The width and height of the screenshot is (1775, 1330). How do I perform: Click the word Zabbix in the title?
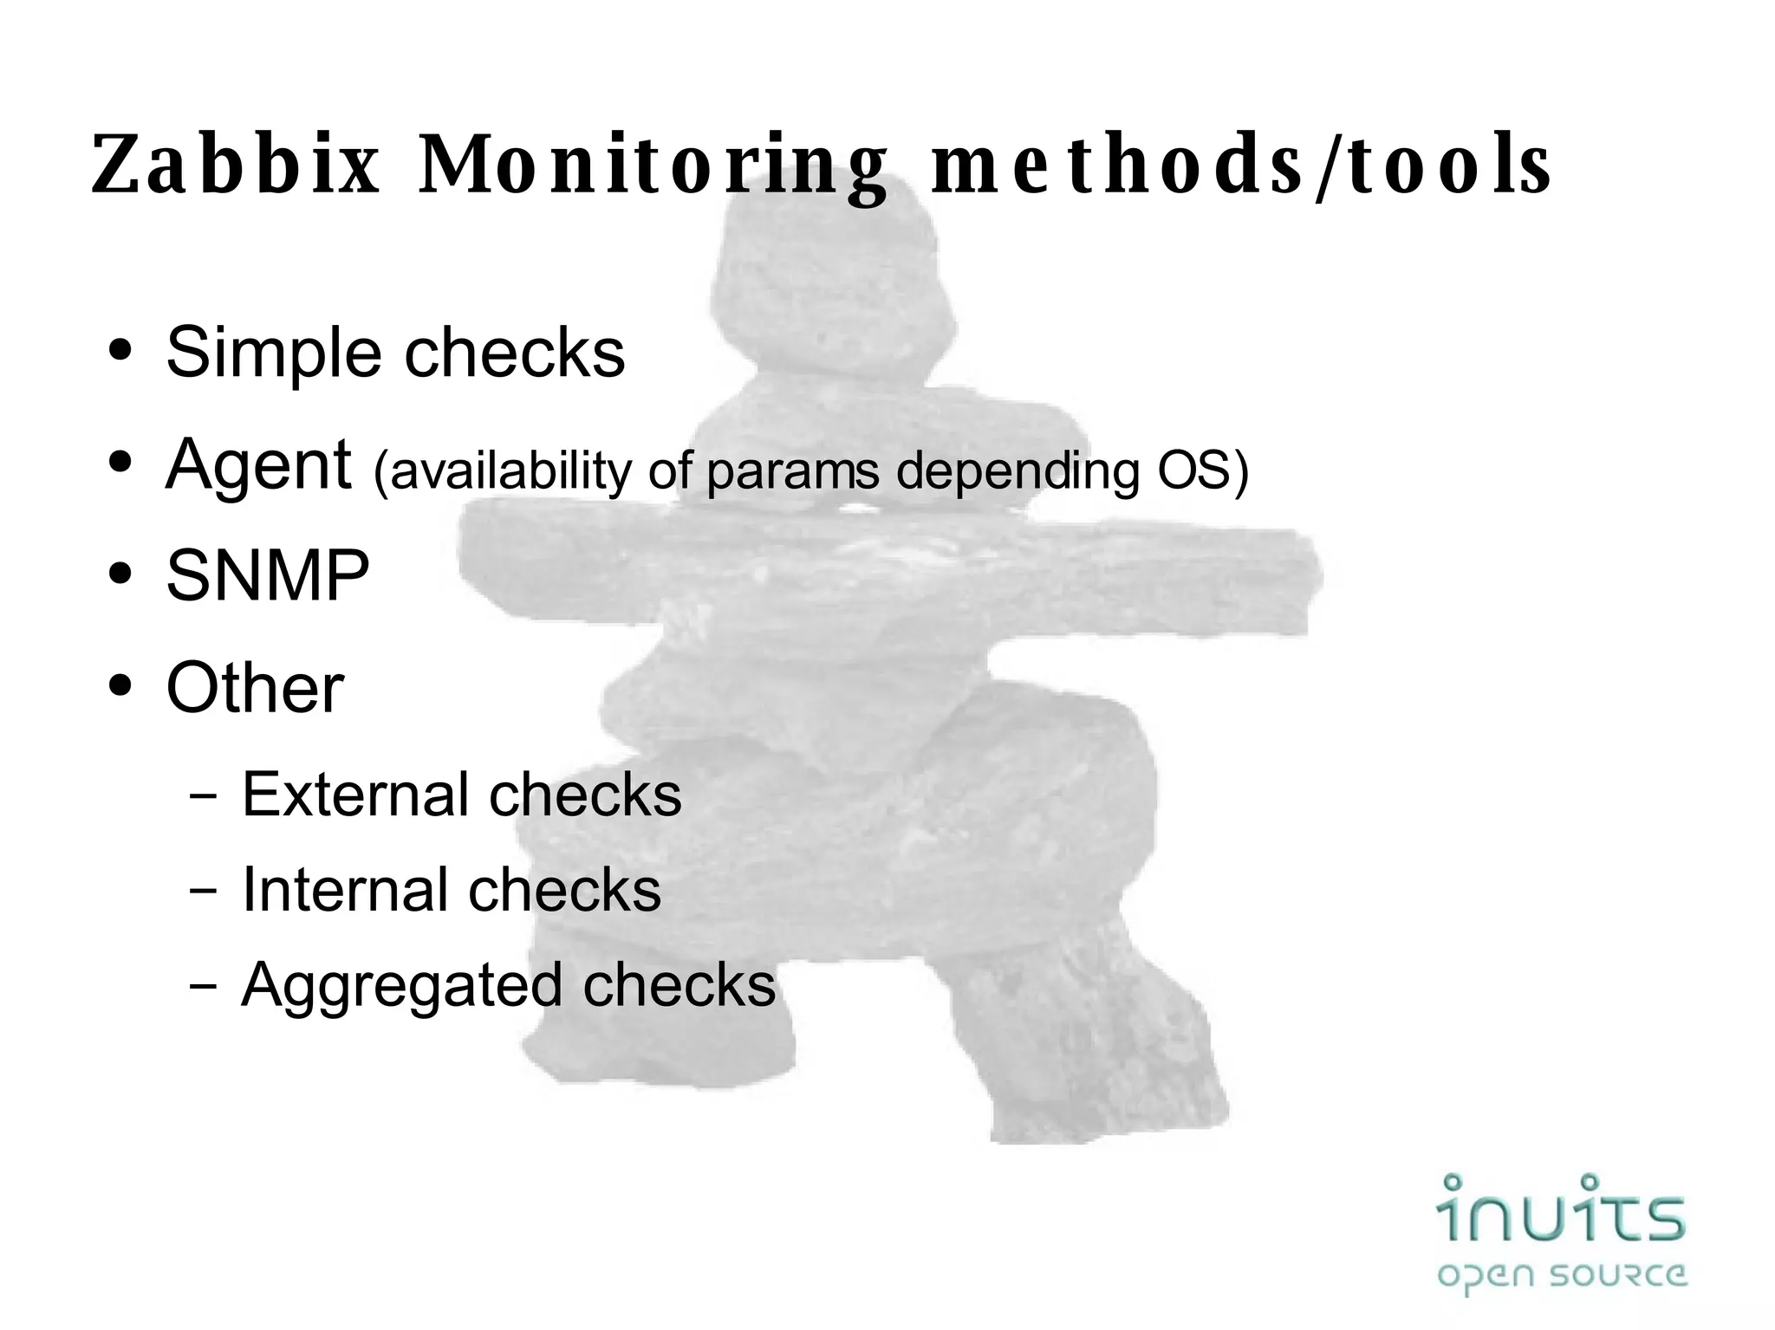pyautogui.click(x=236, y=165)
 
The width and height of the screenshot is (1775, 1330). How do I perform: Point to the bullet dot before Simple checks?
pyautogui.click(x=120, y=351)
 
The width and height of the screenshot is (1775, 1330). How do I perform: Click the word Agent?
pyautogui.click(x=258, y=466)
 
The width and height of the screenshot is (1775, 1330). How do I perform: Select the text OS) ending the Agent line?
pyautogui.click(x=1203, y=470)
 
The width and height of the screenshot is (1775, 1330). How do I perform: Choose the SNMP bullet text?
pyautogui.click(x=268, y=575)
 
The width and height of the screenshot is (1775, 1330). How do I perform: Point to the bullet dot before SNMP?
pyautogui.click(x=120, y=574)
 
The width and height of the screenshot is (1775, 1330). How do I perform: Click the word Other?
pyautogui.click(x=255, y=688)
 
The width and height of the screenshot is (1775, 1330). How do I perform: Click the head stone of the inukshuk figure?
pyautogui.click(x=832, y=286)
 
